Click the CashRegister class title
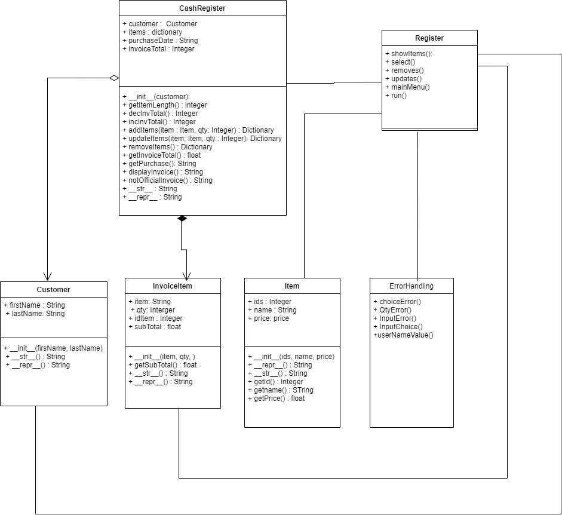coord(202,8)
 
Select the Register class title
coord(429,38)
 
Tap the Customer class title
coord(54,289)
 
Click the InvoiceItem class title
coord(173,286)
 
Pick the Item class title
coord(292,286)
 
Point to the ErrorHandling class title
coord(411,286)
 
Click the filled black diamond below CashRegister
coord(182,219)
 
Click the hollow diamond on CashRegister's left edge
coord(113,78)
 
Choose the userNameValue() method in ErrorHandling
coord(403,335)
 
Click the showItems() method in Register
coord(411,54)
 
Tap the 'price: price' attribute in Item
coord(268,318)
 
